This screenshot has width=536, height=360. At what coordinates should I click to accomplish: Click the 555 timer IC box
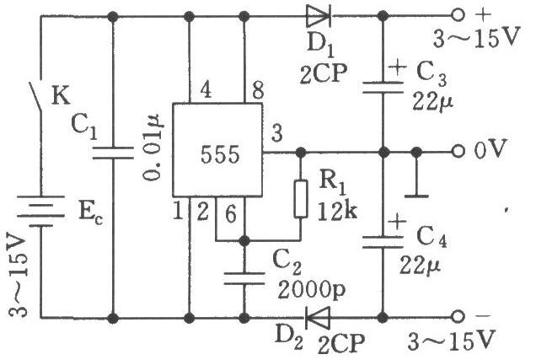coord(217,150)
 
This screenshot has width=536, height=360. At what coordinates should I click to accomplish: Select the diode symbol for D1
coord(319,16)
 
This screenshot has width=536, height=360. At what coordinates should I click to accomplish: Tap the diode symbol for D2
coord(317,318)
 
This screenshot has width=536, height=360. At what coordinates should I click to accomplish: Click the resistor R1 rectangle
coord(301,199)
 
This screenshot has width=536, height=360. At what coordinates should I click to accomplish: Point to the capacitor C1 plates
coord(113,153)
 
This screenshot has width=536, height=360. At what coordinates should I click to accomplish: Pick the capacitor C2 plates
coord(244,278)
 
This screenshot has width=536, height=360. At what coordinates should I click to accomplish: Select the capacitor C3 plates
coord(383,87)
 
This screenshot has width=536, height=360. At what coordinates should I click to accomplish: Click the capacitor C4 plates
coord(383,242)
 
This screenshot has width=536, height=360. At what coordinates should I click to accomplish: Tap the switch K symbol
coord(35,96)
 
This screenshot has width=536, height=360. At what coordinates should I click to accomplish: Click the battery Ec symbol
coord(41,212)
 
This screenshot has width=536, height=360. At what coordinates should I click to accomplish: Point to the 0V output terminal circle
coord(458,152)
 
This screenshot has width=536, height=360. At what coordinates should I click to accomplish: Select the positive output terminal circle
coord(458,16)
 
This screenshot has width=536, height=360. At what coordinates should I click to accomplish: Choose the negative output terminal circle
coord(458,318)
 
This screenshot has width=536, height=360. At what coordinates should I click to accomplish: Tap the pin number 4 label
coord(206,90)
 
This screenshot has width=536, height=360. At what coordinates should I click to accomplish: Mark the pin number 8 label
coord(258,90)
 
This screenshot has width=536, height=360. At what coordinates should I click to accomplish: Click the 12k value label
coord(337,212)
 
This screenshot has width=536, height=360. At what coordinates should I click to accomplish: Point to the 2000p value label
coord(312,290)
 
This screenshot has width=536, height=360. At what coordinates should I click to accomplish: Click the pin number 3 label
coord(277,133)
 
